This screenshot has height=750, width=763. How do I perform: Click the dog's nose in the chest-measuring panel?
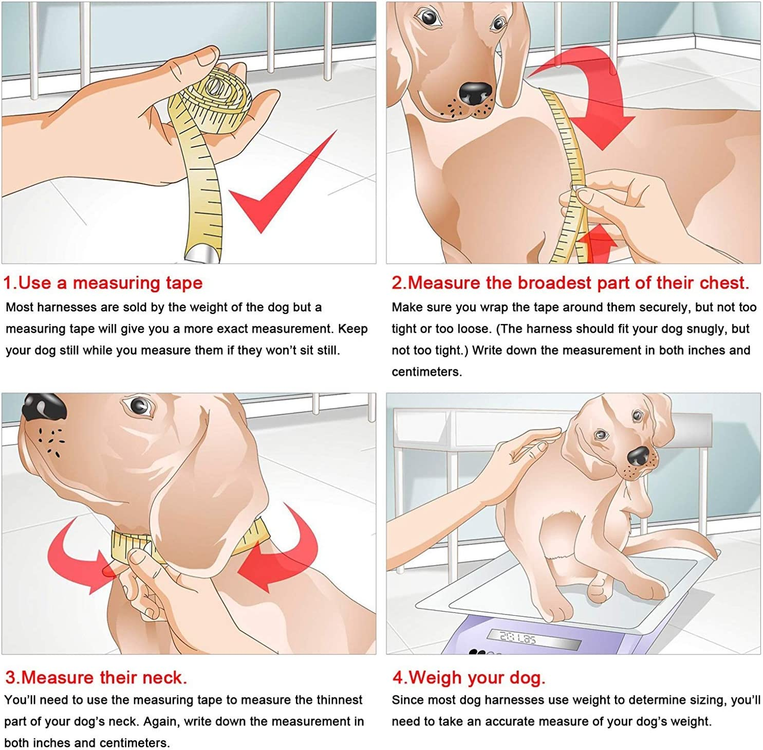476,94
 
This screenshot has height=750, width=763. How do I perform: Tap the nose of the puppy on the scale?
639,455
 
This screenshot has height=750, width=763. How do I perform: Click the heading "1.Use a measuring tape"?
103,283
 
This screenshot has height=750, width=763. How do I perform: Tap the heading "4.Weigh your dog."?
469,677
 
